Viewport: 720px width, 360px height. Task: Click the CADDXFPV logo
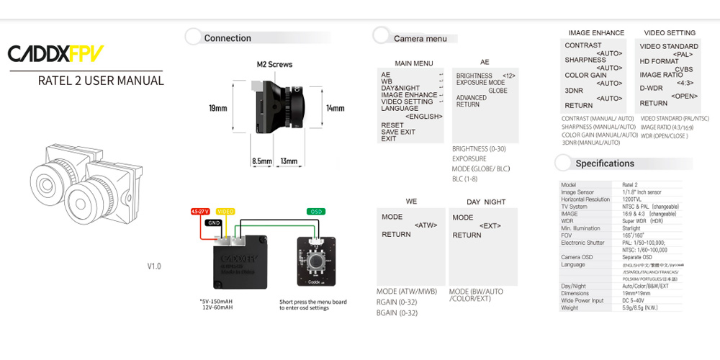[x=55, y=53]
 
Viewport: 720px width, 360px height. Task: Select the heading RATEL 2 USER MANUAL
[x=101, y=81]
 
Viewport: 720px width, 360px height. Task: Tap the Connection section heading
[x=228, y=38]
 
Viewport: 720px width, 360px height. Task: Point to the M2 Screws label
[x=274, y=64]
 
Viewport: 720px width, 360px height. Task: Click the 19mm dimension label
[x=217, y=108]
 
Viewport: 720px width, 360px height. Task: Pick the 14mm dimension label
[x=335, y=108]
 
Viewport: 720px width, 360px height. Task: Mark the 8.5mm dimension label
[x=261, y=161]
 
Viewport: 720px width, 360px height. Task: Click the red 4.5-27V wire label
[x=199, y=212]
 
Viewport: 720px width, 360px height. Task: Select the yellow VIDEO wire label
[x=225, y=212]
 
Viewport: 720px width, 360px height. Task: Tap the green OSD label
[x=315, y=212]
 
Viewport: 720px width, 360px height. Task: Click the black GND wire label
[x=214, y=222]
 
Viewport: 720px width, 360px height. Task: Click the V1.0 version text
[x=154, y=266]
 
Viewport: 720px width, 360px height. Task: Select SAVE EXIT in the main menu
[x=398, y=132]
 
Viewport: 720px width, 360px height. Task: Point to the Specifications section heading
[x=605, y=163]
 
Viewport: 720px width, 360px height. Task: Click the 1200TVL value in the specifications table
[x=632, y=199]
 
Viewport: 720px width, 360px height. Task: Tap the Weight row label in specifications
[x=570, y=307]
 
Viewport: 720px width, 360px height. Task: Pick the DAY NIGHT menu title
[x=486, y=202]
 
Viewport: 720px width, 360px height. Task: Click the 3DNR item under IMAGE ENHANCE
[x=574, y=91]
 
